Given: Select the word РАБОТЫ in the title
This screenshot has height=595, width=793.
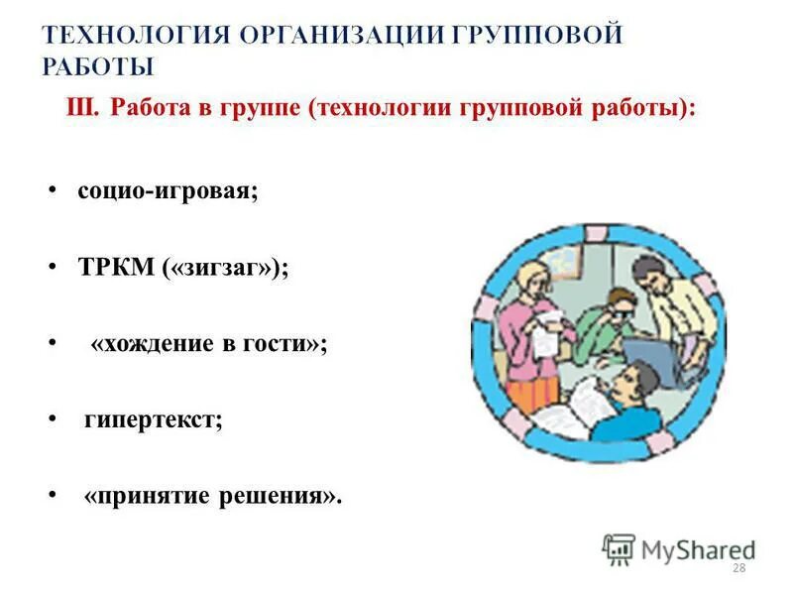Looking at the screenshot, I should pos(99,67).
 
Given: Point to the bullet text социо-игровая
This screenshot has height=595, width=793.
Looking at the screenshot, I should pos(168,190).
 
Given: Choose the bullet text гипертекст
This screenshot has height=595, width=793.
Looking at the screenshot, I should pos(153,419).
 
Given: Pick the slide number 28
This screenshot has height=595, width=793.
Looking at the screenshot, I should pos(737,568).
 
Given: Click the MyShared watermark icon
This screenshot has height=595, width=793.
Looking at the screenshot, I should pos(619,548).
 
